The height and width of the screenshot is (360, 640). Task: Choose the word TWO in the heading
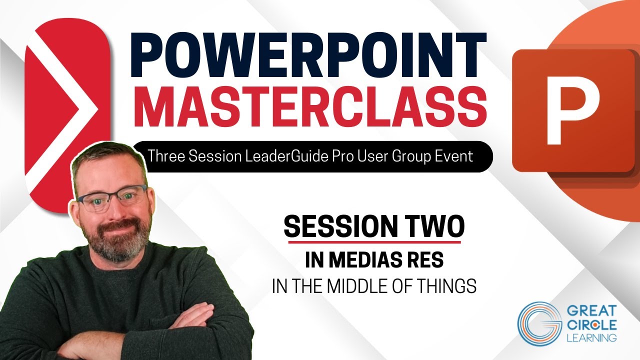435,227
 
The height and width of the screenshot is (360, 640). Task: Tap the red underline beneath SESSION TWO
372,242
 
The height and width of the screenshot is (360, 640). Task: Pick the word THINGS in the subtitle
450,287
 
